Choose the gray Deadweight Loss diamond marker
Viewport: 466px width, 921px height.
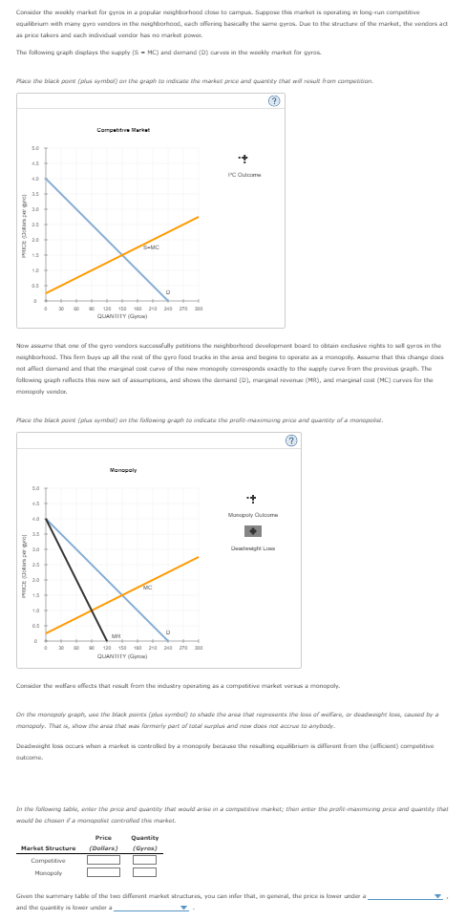click(x=250, y=531)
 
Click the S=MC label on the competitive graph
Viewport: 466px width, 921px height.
click(x=151, y=247)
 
